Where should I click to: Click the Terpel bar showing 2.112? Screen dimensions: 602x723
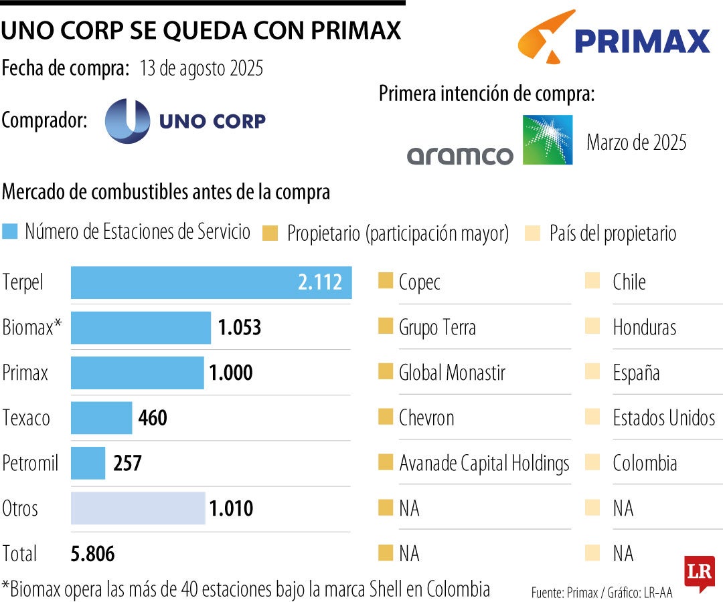[x=211, y=282]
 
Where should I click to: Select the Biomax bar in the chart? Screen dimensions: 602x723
[x=141, y=328]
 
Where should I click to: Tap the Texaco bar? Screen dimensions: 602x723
[x=101, y=418]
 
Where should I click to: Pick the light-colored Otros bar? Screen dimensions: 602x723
[x=138, y=508]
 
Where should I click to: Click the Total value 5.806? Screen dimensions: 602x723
[x=92, y=554]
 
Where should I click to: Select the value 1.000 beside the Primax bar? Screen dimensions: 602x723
[x=231, y=373]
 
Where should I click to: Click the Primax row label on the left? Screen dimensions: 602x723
[x=25, y=373]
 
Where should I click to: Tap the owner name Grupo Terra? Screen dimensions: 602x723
[x=437, y=328]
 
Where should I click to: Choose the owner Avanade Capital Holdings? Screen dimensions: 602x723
[x=484, y=463]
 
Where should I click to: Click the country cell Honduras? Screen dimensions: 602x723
[x=644, y=328]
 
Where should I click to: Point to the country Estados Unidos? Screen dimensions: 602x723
[x=663, y=418]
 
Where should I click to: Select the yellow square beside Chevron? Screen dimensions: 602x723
[x=385, y=417]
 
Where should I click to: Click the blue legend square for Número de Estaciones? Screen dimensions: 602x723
[x=10, y=232]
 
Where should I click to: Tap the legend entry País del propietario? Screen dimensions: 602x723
[x=613, y=233]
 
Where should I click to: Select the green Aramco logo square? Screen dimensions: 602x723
[x=547, y=140]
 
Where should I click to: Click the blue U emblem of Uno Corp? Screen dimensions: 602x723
[x=127, y=120]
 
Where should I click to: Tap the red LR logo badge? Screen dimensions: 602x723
[x=699, y=573]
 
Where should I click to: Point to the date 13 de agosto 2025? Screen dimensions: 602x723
[x=201, y=69]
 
